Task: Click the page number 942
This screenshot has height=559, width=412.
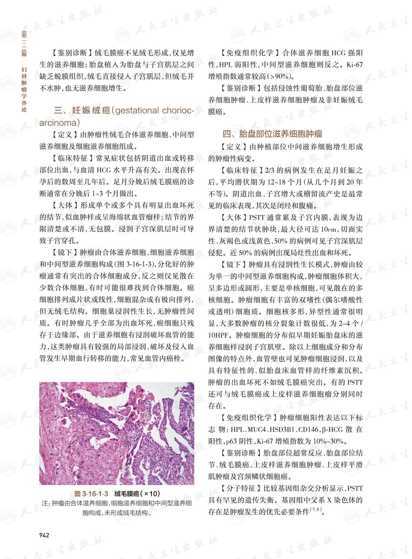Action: (44, 535)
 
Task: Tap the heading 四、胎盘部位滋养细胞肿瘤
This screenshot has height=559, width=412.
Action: (272, 134)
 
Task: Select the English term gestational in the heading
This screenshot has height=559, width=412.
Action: (136, 111)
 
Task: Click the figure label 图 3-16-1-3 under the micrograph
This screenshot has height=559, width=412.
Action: (91, 494)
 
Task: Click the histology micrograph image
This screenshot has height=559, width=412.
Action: (117, 433)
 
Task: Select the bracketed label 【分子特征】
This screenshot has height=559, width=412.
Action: (241, 488)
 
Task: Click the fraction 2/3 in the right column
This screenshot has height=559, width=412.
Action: (270, 170)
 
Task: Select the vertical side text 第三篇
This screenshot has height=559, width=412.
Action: (24, 43)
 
